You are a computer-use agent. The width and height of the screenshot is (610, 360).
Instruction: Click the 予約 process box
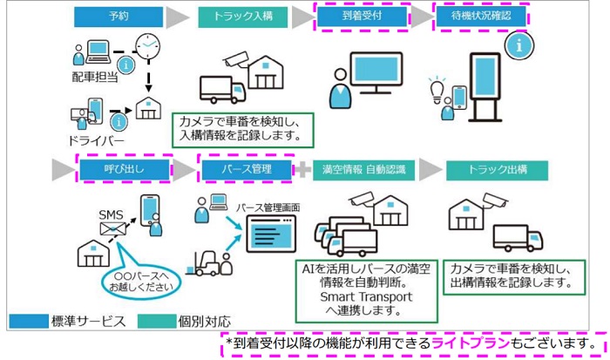[x=119, y=17]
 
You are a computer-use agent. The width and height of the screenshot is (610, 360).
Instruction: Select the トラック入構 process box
[x=243, y=17]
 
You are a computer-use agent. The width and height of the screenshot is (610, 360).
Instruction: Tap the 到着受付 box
[x=362, y=17]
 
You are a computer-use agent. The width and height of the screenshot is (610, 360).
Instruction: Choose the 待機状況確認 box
[x=481, y=17]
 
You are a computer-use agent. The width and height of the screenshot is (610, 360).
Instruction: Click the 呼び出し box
[x=125, y=170]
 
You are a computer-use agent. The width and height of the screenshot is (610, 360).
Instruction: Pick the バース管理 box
[x=247, y=170]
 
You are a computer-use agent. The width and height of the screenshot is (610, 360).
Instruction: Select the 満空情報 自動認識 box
[x=363, y=170]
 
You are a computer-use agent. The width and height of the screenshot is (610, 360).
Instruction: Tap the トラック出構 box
[x=498, y=170]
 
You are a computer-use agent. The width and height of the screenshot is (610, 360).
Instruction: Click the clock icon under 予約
[x=148, y=46]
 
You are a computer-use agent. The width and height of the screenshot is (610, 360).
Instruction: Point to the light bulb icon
[x=437, y=90]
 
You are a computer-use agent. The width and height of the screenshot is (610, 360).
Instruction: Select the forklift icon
[x=203, y=263]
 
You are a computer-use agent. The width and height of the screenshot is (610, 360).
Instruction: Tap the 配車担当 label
[x=95, y=77]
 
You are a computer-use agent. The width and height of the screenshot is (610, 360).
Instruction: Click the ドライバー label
[x=96, y=140]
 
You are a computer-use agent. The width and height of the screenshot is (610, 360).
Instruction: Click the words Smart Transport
[x=366, y=297]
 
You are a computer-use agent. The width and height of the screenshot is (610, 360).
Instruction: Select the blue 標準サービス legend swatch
[x=29, y=321]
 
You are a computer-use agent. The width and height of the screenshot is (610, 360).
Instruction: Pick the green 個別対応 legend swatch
[x=157, y=321]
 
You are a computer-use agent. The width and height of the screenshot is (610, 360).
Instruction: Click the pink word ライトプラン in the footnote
[x=471, y=343]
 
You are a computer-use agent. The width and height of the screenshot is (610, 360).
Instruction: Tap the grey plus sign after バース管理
[x=302, y=170]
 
